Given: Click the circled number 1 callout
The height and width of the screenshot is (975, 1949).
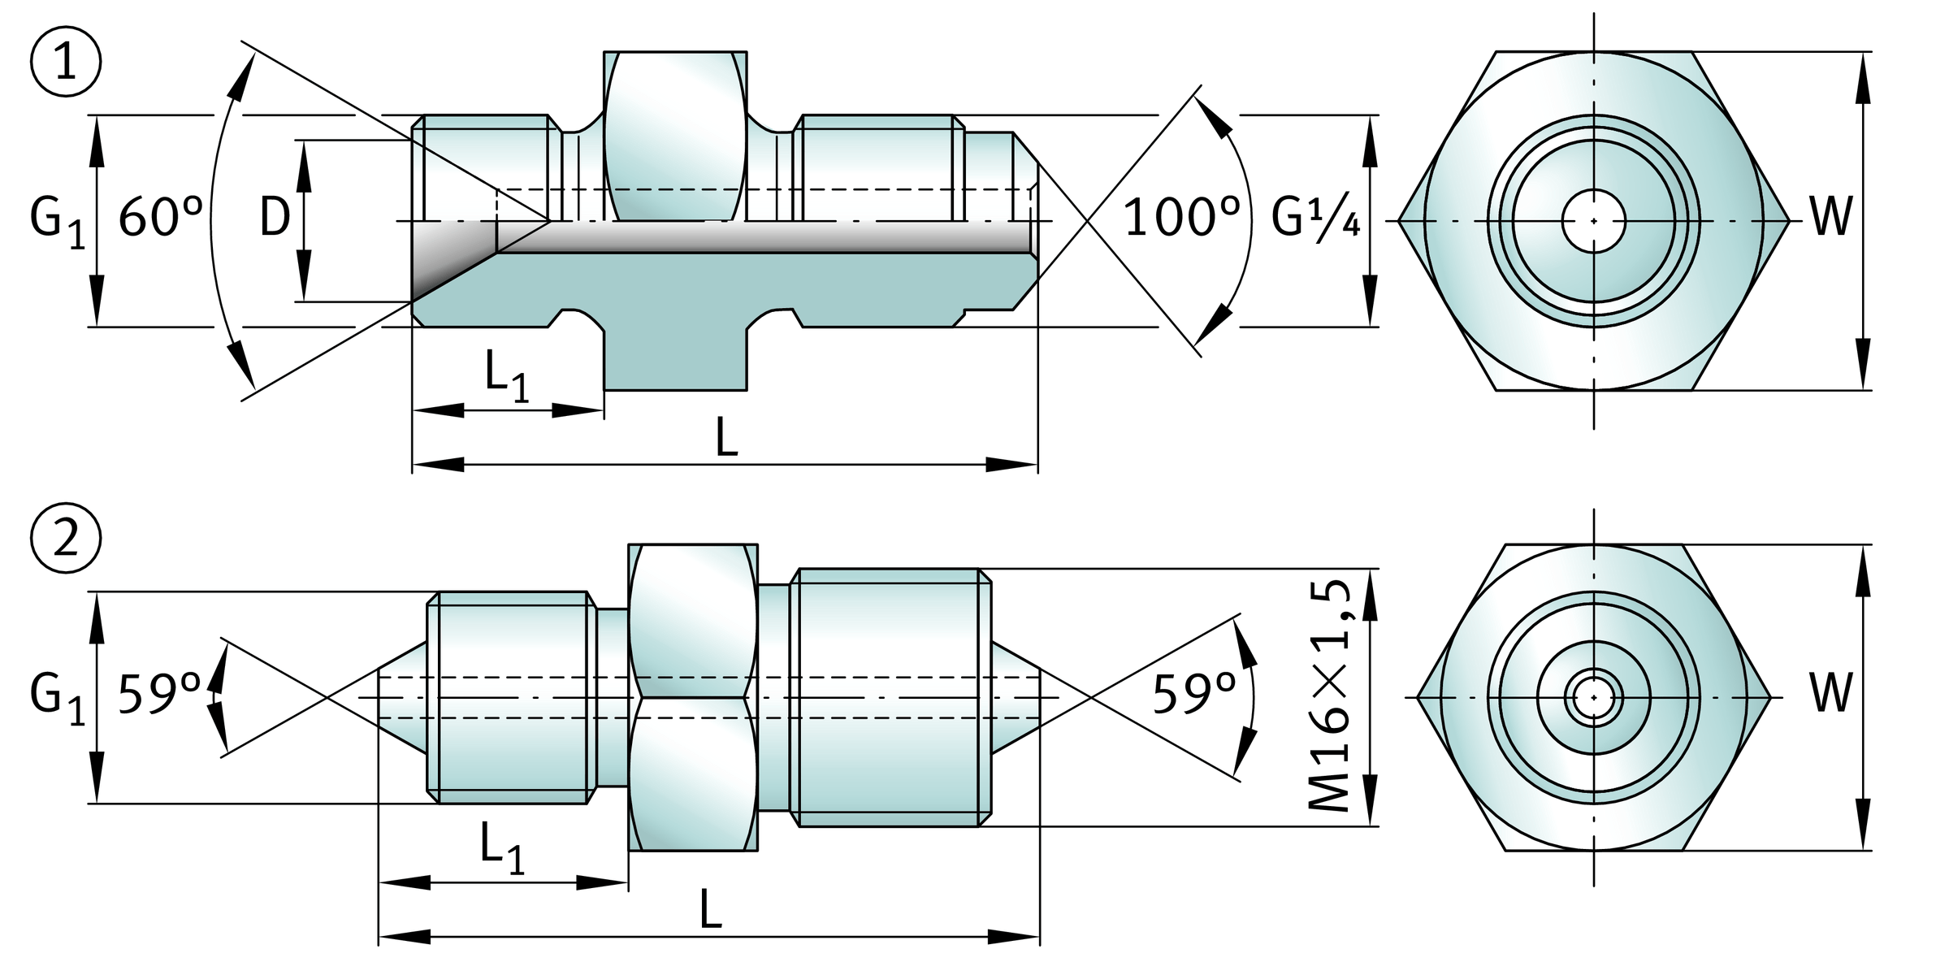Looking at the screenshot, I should click(65, 63).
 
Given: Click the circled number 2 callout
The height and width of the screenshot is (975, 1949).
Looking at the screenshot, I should click(65, 539).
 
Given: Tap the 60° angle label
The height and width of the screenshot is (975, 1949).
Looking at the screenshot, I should click(160, 219).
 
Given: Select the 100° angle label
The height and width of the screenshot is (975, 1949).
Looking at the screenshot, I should click(1180, 218).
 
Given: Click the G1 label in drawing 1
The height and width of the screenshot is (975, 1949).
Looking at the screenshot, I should click(57, 222).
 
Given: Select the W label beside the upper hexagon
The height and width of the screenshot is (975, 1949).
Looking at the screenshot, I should click(1831, 218).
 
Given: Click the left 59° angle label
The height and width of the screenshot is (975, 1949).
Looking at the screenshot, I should click(159, 695).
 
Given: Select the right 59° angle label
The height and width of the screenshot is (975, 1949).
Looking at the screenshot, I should click(1193, 695).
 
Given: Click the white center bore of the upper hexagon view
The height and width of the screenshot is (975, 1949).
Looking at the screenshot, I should click(1593, 220).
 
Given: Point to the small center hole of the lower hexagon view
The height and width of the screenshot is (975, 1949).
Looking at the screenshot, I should click(1593, 697).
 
